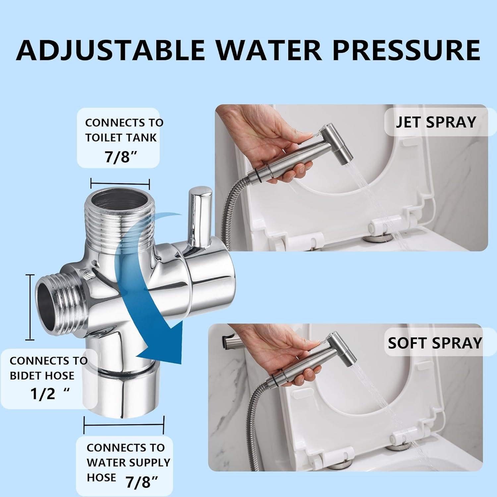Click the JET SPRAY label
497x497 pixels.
tap(436, 122)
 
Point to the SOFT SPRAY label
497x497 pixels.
tap(435, 343)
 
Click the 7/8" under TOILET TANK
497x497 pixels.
tap(121, 157)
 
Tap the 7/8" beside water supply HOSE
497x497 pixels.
tap(141, 482)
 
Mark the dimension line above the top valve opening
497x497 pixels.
tap(120, 183)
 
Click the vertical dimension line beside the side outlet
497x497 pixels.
tap(30, 307)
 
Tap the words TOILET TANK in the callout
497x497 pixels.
tap(121, 138)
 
